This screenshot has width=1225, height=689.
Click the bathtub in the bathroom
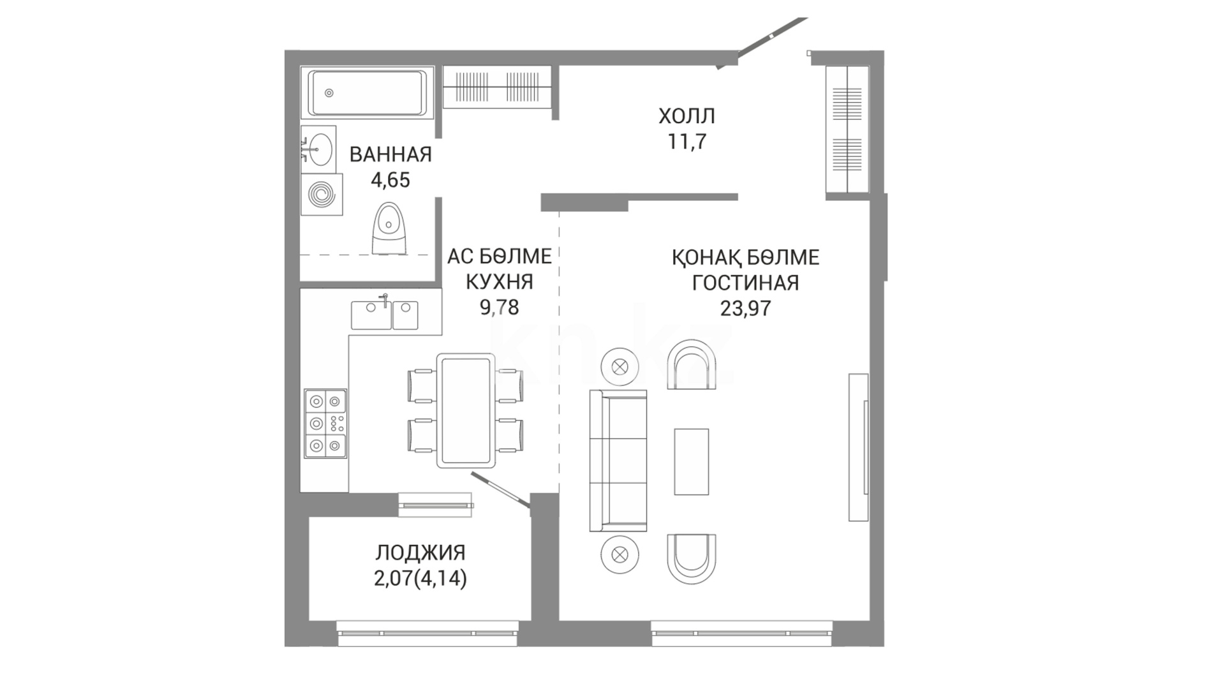pos(367,93)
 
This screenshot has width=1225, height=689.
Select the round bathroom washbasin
pos(318,149)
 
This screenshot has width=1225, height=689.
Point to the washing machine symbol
pos(321,194)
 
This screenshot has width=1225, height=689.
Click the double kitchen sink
pos(384,315)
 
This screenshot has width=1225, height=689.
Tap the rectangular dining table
pos(466,410)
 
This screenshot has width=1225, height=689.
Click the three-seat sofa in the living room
pos(618,460)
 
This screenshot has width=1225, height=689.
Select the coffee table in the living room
pos(692,461)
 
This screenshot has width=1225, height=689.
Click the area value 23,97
pos(745,309)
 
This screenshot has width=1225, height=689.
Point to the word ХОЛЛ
pos(687,116)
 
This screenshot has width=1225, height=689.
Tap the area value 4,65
pos(390,180)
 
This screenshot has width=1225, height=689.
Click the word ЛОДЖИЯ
pos(420,552)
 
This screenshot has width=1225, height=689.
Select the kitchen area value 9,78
pos(500,307)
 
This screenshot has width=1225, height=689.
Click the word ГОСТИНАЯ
pos(745,283)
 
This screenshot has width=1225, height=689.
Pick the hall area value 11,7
pos(687,142)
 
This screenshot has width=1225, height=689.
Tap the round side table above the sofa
pos(620,367)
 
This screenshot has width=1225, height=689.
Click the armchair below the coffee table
pos(692,558)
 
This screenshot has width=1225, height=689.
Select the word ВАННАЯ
pos(390,154)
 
